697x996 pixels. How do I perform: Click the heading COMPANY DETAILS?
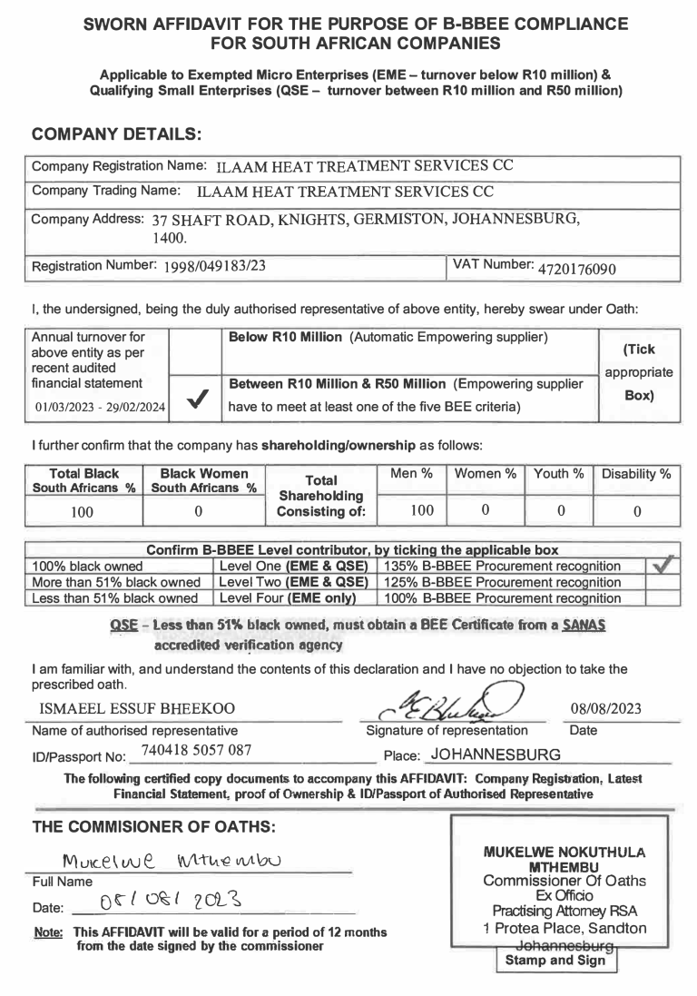tap(116, 133)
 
